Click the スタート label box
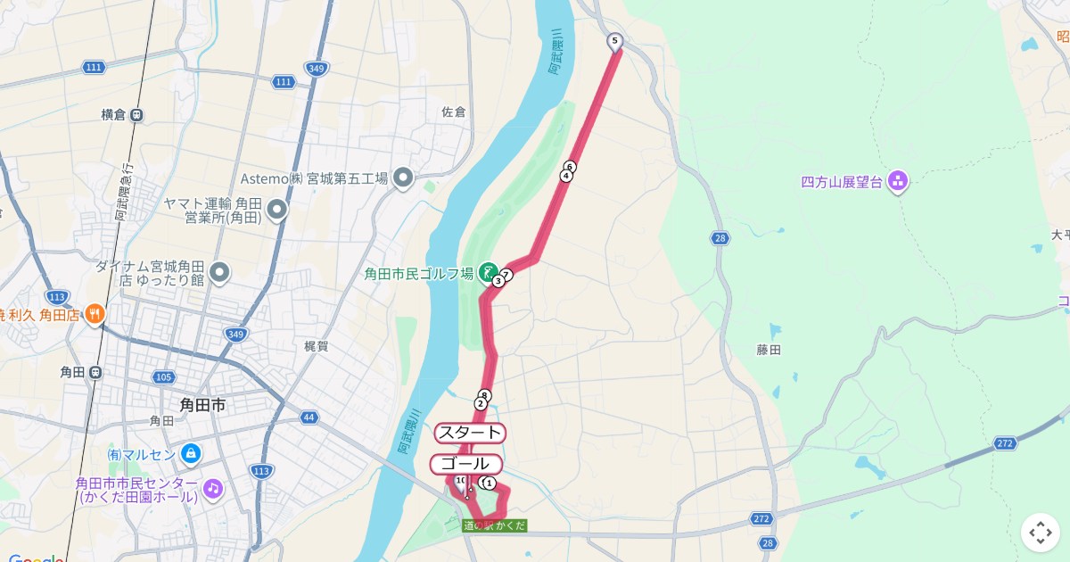click(x=470, y=433)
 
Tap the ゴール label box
click(x=465, y=464)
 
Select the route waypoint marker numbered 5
click(x=614, y=41)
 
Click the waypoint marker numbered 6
click(x=570, y=167)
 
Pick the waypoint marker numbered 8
click(x=484, y=395)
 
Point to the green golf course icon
click(x=488, y=271)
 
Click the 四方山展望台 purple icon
click(x=897, y=181)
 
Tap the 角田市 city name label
click(x=202, y=405)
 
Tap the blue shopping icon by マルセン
click(x=190, y=454)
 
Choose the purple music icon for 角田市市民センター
click(x=212, y=488)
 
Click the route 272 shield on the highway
click(x=1005, y=443)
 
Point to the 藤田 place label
click(x=769, y=350)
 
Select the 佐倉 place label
click(x=454, y=112)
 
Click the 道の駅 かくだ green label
click(x=495, y=525)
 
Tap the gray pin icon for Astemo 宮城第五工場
click(x=403, y=178)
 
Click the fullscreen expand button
click(x=1041, y=533)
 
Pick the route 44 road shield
click(x=309, y=417)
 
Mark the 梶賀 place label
click(x=317, y=346)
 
